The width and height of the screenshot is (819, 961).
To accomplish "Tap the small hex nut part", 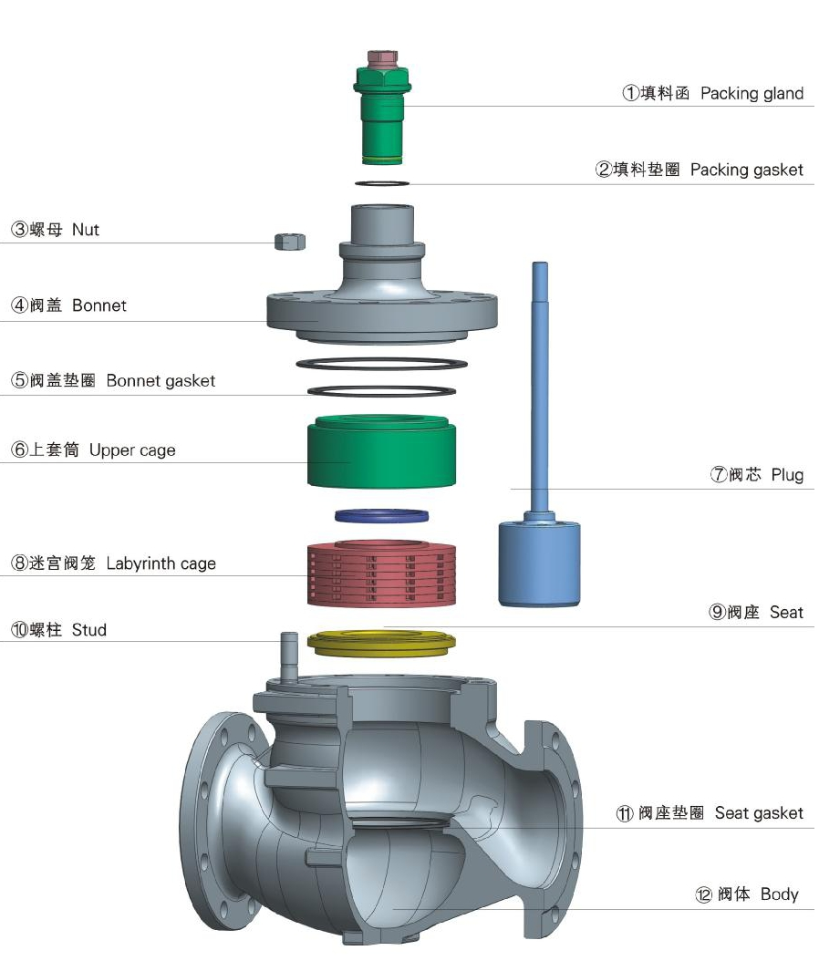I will (x=289, y=241).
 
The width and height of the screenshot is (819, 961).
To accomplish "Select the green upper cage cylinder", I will (x=381, y=453).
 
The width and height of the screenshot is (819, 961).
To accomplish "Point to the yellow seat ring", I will (x=381, y=642).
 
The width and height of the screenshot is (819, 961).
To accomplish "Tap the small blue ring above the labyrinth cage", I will (x=381, y=516).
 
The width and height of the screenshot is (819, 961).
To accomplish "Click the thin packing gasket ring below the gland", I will (x=381, y=184).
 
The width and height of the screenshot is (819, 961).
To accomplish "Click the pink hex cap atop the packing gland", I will (x=381, y=59).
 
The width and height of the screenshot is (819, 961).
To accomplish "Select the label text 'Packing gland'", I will (x=752, y=93).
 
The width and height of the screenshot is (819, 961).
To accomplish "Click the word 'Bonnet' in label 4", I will (x=99, y=305).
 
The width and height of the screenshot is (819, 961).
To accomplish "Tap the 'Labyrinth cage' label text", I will (x=161, y=563).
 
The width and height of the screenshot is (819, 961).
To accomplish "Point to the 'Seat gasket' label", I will (x=759, y=812).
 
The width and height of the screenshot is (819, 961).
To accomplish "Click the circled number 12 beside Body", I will (x=703, y=895).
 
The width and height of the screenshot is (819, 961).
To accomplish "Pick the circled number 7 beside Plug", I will (x=718, y=475).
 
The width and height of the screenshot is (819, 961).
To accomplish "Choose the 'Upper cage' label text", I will (x=132, y=450).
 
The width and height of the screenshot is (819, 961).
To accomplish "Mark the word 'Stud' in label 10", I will (x=88, y=630).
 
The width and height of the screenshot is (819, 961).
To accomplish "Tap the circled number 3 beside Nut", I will (x=18, y=230).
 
